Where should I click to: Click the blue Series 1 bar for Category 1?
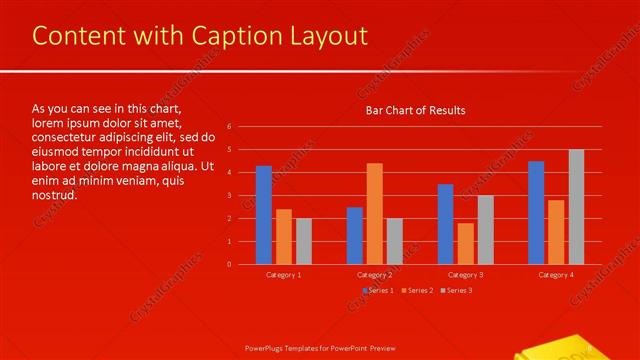[264, 215]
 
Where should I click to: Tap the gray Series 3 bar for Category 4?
[576, 207]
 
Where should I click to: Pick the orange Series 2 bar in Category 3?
[465, 243]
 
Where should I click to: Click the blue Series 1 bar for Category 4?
[536, 212]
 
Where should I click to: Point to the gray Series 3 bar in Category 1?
[304, 241]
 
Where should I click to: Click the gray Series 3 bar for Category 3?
[485, 229]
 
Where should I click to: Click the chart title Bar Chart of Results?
[415, 110]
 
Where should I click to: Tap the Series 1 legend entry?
[378, 290]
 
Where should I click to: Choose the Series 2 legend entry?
[417, 290]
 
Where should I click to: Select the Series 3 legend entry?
[456, 290]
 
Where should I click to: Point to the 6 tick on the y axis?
[230, 127]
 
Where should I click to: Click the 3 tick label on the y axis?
[230, 196]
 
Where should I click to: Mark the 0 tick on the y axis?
[230, 264]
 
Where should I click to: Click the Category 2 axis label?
[374, 274]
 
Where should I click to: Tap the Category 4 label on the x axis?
[556, 274]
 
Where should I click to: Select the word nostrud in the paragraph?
[55, 195]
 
